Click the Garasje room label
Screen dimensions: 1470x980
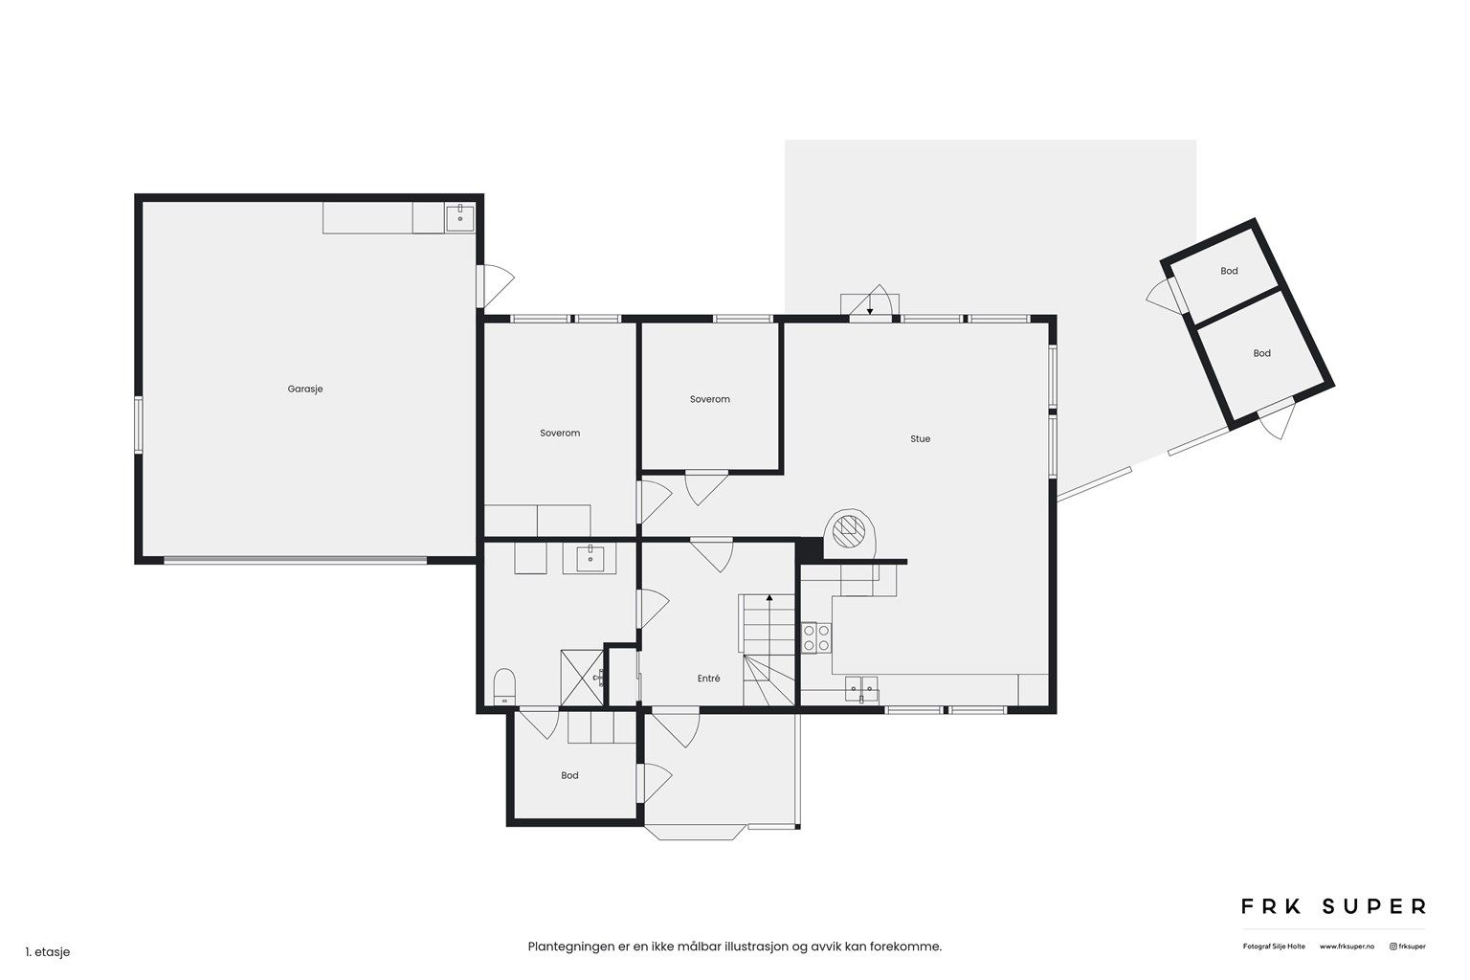pyautogui.click(x=305, y=390)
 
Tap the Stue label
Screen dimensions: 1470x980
pyautogui.click(x=920, y=439)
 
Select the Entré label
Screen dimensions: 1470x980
pyautogui.click(x=709, y=679)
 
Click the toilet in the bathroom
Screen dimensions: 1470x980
pyautogui.click(x=504, y=686)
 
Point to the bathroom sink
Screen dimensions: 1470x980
pyautogui.click(x=590, y=559)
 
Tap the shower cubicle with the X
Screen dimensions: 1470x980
pyautogui.click(x=582, y=679)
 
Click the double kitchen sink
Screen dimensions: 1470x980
pyautogui.click(x=861, y=688)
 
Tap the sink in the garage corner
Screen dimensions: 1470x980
pyautogui.click(x=460, y=218)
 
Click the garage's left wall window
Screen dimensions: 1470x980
pyautogui.click(x=139, y=425)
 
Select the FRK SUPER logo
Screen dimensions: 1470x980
pyautogui.click(x=1333, y=907)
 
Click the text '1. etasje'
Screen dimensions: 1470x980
pyautogui.click(x=48, y=952)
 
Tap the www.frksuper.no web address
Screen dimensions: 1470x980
pyautogui.click(x=1347, y=947)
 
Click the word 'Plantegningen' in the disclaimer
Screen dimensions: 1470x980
pyautogui.click(x=571, y=947)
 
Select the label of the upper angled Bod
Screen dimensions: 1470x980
pyautogui.click(x=1229, y=271)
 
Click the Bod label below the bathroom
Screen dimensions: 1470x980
pyautogui.click(x=569, y=776)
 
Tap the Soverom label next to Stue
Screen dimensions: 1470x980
pyautogui.click(x=710, y=399)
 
